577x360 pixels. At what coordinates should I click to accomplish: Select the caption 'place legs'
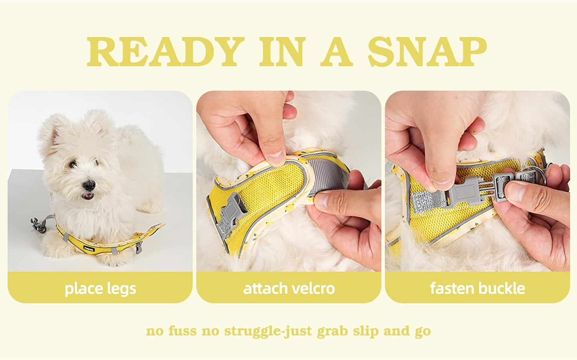(100, 288)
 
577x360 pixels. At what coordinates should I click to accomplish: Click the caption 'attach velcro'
(289, 288)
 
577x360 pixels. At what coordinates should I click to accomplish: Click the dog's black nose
(89, 185)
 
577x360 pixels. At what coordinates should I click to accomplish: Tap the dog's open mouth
(88, 196)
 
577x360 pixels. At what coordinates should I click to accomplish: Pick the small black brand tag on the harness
(89, 249)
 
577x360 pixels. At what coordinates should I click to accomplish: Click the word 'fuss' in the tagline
(182, 330)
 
